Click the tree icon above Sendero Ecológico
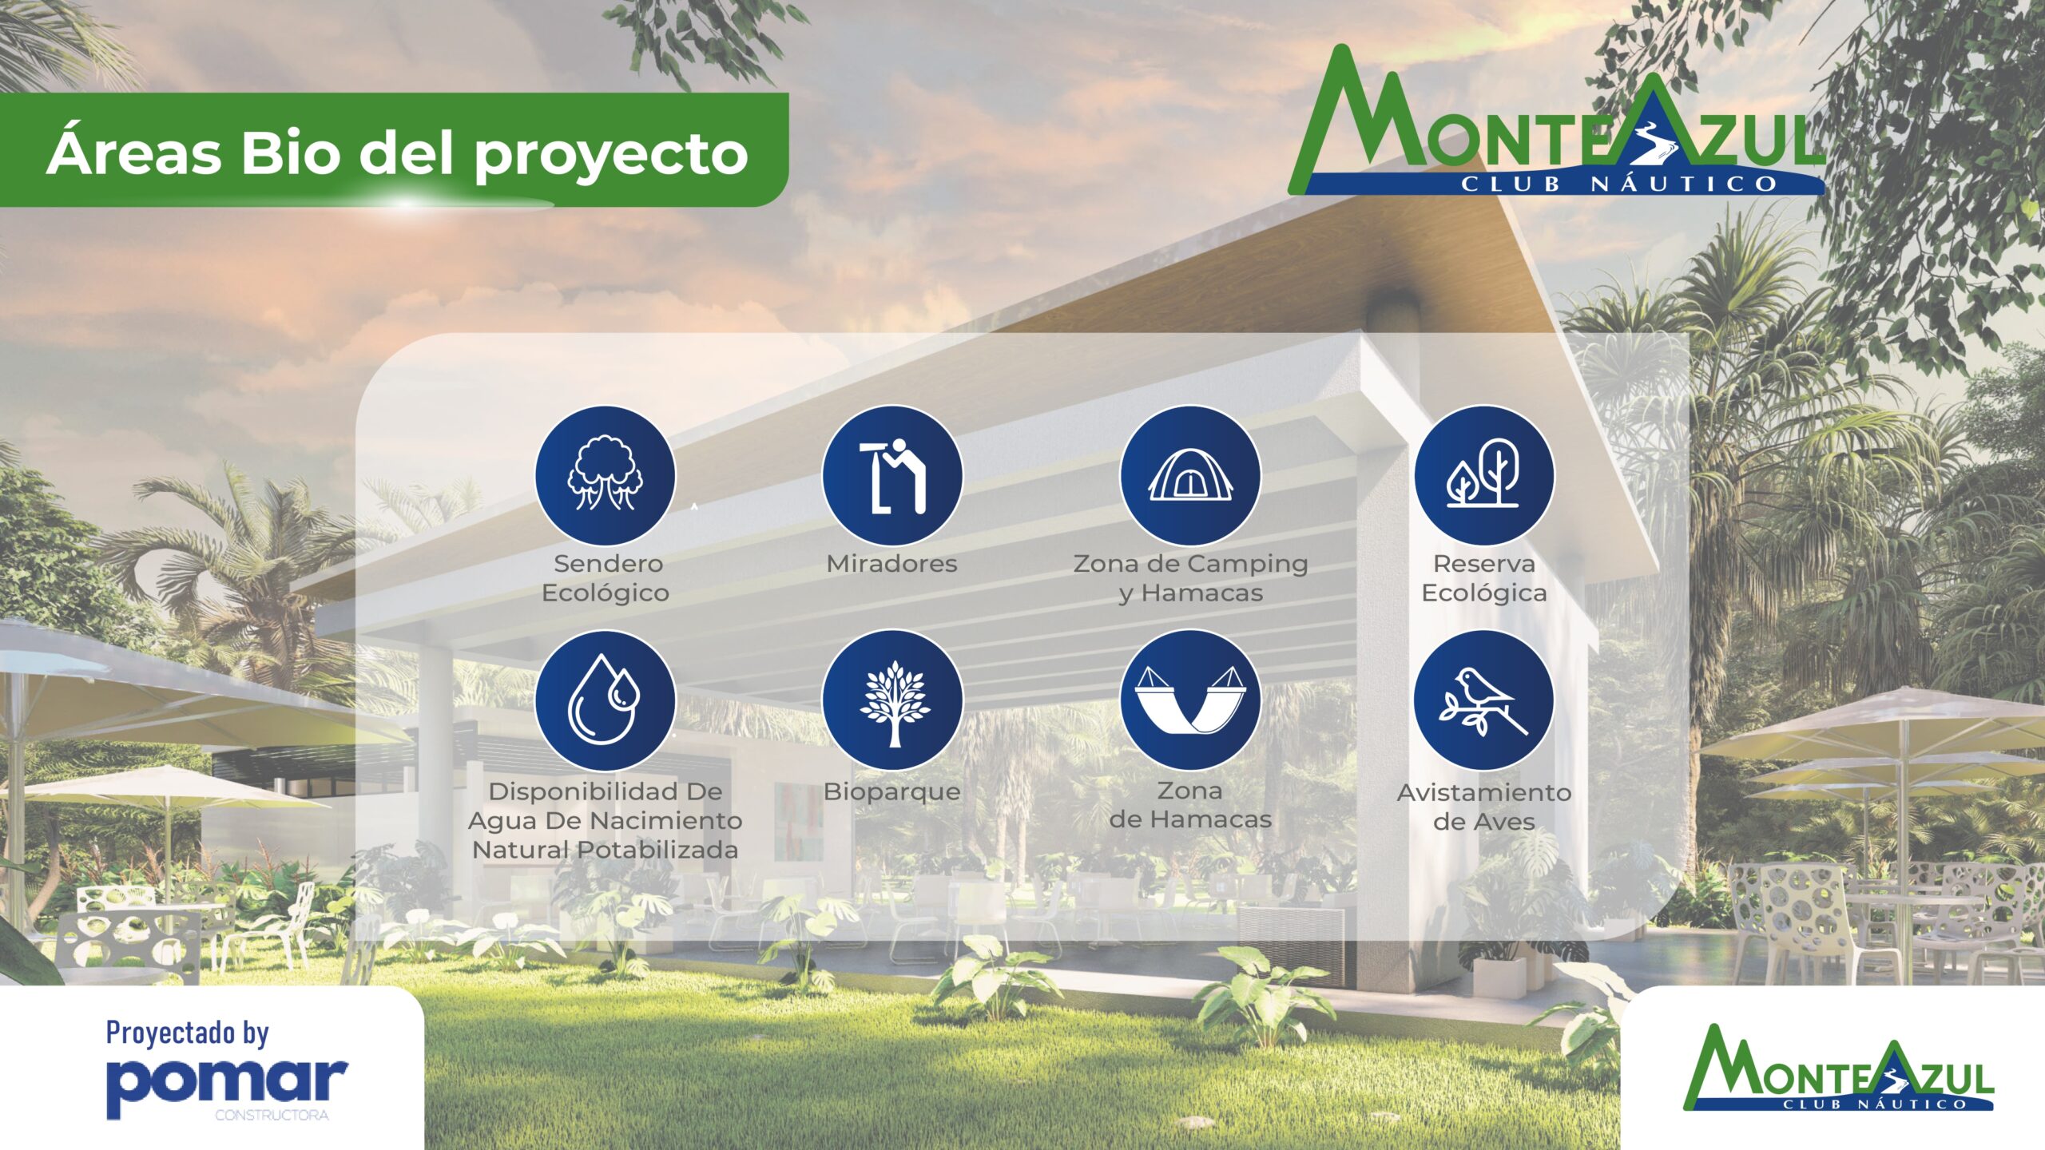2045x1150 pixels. point(606,476)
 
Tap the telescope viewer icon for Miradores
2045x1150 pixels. point(892,476)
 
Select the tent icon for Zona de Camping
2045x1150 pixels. point(1190,476)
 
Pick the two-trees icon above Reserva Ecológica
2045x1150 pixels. point(1484,476)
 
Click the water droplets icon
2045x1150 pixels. point(606,700)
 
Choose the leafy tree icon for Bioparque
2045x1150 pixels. point(892,700)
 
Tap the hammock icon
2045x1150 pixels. point(1190,700)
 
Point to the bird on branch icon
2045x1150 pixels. point(1484,700)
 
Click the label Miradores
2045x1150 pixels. point(891,564)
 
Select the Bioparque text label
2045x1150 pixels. point(891,792)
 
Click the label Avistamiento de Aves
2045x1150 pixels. point(1484,807)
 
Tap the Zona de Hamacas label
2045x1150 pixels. point(1190,805)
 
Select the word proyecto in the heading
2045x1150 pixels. point(611,156)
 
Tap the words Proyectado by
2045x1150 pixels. point(188,1033)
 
